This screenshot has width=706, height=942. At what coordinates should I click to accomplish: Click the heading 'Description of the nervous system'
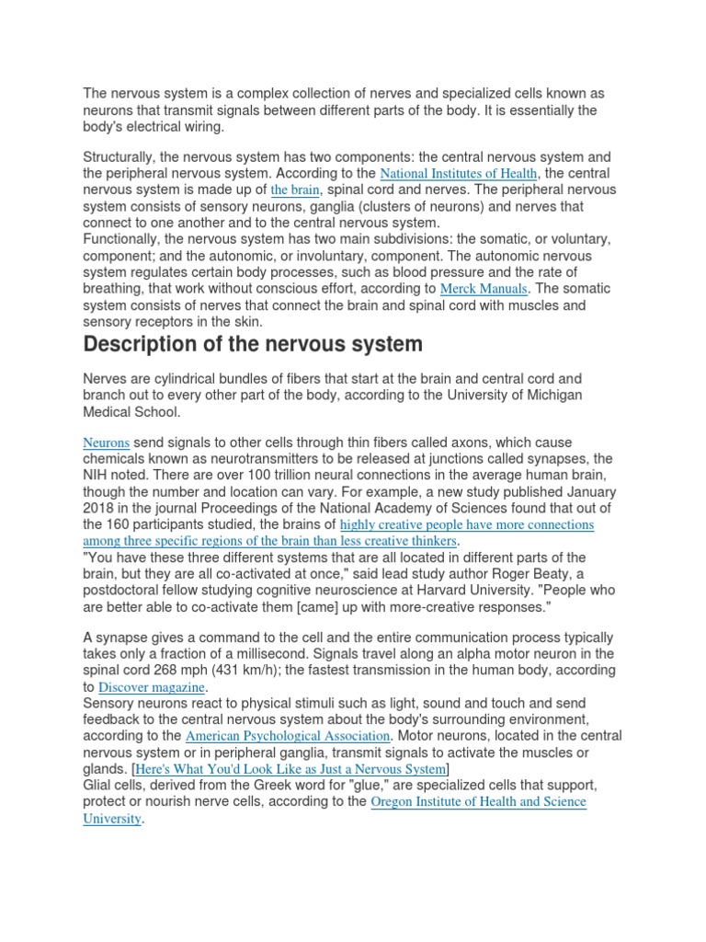coord(253,344)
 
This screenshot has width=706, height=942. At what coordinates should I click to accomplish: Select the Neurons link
coord(106,442)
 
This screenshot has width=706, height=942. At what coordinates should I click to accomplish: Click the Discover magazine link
coord(152,687)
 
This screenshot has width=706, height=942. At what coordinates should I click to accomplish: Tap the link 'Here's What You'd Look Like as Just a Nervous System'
coord(290,768)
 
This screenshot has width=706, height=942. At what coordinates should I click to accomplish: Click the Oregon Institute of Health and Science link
coord(478,802)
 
